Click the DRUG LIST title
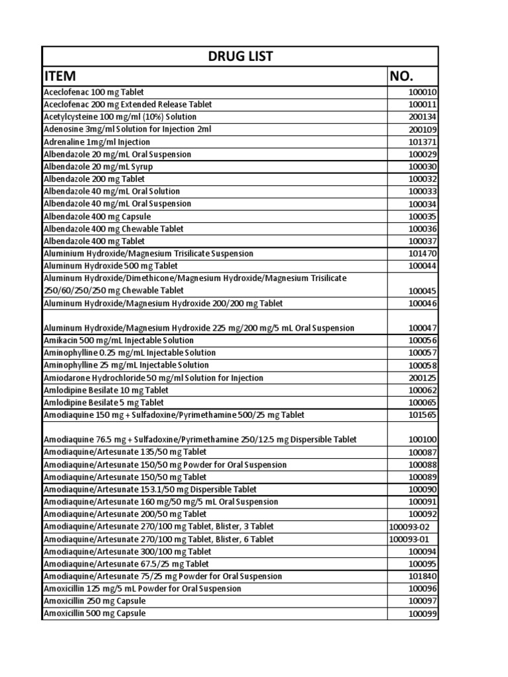click(240, 57)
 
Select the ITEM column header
click(65, 76)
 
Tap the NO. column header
click(404, 76)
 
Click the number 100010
click(423, 93)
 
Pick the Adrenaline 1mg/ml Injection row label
click(97, 142)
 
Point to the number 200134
click(423, 118)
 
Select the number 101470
click(423, 254)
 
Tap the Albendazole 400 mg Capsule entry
click(97, 216)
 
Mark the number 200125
click(423, 378)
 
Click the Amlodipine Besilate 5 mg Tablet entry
click(103, 403)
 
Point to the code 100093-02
click(409, 527)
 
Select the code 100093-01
click(409, 539)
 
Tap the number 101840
click(423, 577)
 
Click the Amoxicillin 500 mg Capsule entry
click(95, 614)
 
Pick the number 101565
click(423, 415)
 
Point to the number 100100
click(423, 440)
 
